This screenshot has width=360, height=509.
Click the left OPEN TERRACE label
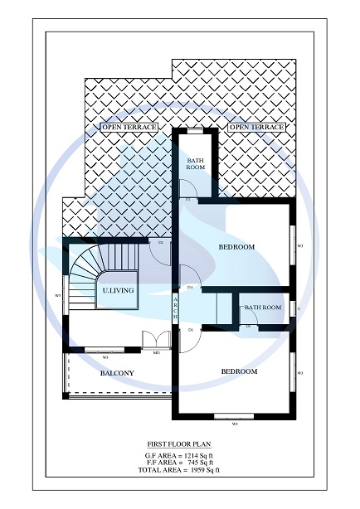(129, 127)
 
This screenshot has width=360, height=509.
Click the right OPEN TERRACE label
(256, 127)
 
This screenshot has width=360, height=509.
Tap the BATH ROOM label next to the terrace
(196, 163)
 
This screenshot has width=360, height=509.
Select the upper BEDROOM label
(236, 247)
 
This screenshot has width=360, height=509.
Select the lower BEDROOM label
(239, 371)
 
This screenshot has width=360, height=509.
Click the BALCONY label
(117, 373)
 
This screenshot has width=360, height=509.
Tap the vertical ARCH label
(176, 308)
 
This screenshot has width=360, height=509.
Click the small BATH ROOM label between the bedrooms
(262, 308)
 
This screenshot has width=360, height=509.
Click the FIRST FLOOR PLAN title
(179, 444)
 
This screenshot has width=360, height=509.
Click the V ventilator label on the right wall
(299, 310)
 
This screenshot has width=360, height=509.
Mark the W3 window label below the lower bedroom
(235, 424)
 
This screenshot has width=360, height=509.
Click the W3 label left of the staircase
(57, 295)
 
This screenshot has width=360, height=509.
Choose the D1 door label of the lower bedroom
(191, 330)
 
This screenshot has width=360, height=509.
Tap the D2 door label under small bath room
(248, 326)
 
